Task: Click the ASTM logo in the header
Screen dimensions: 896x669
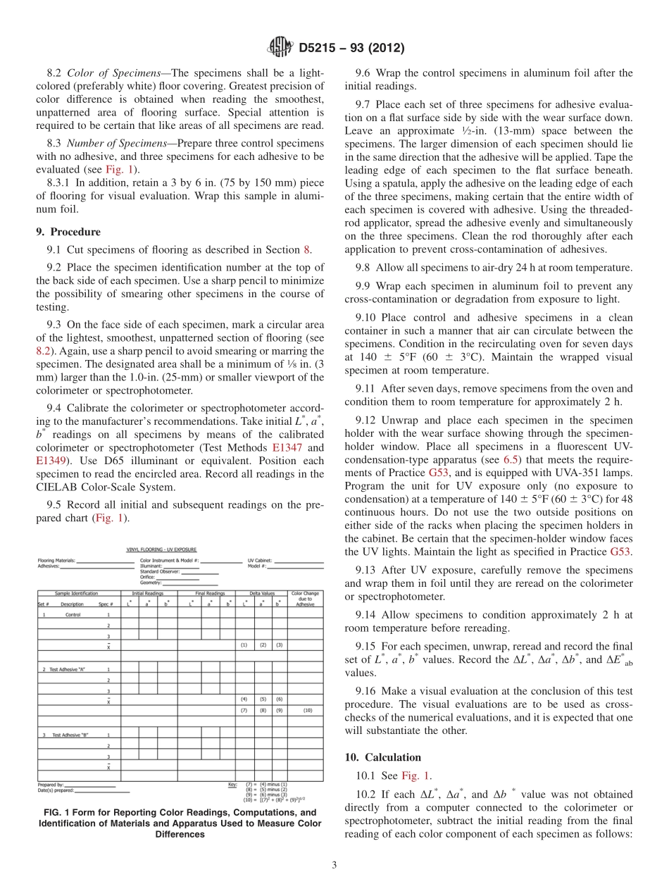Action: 280,48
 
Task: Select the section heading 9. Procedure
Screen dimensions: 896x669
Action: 68,232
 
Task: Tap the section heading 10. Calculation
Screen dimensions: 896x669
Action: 382,757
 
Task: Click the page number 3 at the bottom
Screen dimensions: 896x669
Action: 334,865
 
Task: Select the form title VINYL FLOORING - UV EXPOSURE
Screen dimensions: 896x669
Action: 161,549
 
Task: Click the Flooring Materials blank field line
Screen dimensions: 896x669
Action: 104,561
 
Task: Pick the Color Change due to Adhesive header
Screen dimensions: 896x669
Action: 305,599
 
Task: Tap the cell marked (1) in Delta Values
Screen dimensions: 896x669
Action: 244,645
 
